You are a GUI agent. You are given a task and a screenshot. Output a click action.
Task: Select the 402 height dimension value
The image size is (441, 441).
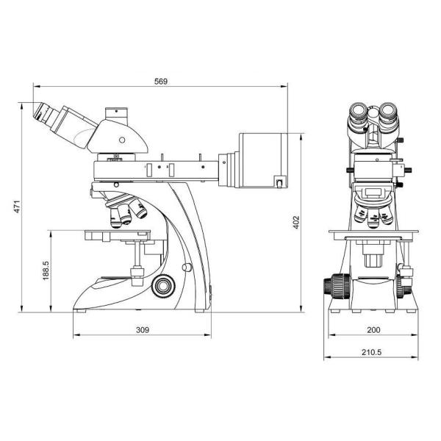(x=296, y=222)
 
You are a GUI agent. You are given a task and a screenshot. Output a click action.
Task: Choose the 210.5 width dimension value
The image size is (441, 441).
(x=370, y=351)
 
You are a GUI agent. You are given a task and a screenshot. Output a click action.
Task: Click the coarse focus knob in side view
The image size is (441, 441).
(x=164, y=284)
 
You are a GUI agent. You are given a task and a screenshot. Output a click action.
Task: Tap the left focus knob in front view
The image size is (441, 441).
(x=336, y=286)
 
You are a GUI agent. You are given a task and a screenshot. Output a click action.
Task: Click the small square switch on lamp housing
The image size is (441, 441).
(x=279, y=181)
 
